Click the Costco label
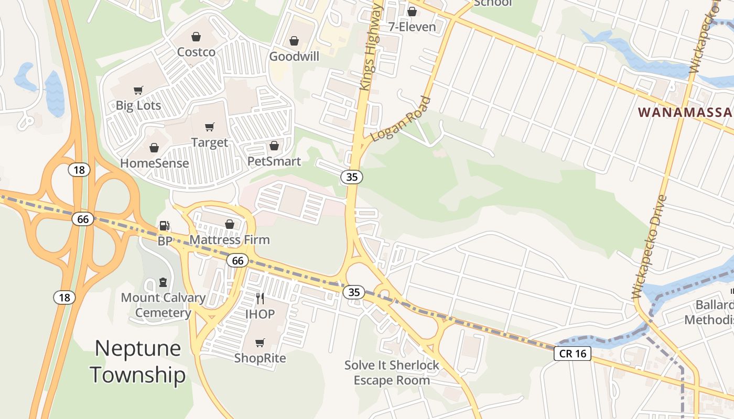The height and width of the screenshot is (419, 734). [x=196, y=52]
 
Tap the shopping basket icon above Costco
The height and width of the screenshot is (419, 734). [x=196, y=37]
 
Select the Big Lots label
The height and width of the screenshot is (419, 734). [x=138, y=105]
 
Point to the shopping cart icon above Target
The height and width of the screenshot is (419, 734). [x=210, y=127]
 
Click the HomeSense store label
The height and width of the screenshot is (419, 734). [x=154, y=163]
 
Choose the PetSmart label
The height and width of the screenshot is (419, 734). [x=274, y=161]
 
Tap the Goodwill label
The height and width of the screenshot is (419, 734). [x=294, y=56]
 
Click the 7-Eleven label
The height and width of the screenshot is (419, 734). [x=412, y=27]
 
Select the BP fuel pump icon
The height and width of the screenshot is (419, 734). [x=164, y=226]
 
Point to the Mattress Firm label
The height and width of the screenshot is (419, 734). [x=229, y=239]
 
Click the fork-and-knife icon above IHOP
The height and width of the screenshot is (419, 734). [x=260, y=299]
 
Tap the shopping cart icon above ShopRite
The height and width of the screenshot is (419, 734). [x=260, y=343]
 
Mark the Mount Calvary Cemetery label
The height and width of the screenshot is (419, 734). [x=163, y=305]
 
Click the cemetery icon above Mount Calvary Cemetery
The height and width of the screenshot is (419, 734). [x=163, y=282]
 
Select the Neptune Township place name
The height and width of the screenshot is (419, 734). [x=138, y=361]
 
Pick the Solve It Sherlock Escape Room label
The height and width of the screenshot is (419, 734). [x=392, y=372]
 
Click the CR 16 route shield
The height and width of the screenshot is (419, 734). [x=573, y=354]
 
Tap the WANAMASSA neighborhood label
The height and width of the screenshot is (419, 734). [x=685, y=112]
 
